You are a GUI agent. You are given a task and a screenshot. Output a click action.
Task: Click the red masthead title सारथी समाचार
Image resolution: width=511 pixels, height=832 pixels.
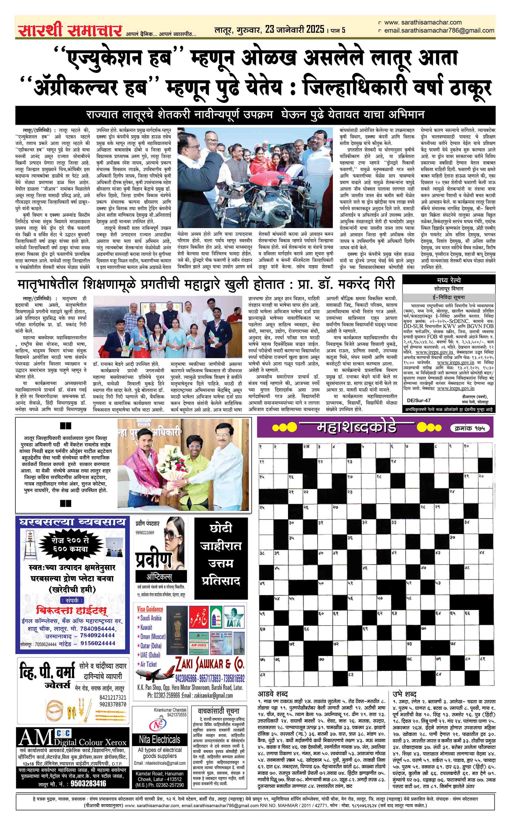70,30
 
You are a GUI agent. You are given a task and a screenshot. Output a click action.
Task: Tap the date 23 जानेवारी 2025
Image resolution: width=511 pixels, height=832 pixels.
294,30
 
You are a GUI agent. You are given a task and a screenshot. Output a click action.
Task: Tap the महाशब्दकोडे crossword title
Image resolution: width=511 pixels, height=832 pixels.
357,427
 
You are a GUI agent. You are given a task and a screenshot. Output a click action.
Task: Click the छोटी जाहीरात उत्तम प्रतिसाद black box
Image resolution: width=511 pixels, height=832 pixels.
221,558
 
